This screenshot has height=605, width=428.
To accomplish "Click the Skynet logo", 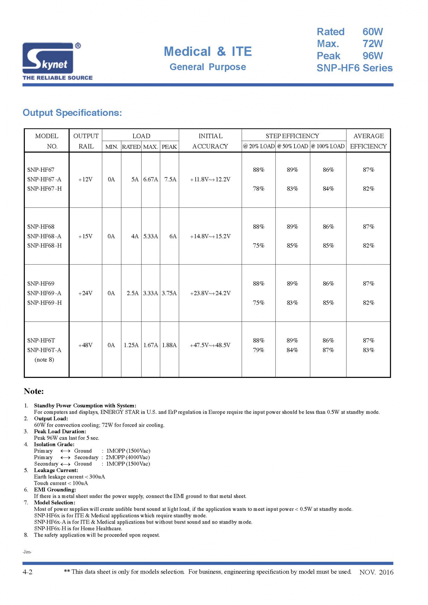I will [x=51, y=58].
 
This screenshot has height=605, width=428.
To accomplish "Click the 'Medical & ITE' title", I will [x=207, y=52].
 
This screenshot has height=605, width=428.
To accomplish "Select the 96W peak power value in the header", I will [x=372, y=56].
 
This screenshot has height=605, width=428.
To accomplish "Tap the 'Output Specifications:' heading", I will [x=72, y=113].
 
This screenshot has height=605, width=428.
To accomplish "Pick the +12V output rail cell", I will [x=85, y=179].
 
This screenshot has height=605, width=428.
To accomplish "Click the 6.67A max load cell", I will [x=150, y=179].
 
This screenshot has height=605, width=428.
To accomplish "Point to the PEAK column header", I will [x=169, y=147].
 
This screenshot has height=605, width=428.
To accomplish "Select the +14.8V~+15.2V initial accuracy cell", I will [x=210, y=236].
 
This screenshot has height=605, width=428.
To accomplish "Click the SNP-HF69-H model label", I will [x=44, y=303].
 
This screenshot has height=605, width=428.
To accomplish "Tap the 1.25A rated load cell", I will [x=131, y=345].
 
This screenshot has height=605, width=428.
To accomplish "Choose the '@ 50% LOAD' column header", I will [x=292, y=146].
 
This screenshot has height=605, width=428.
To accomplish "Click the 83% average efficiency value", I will [x=368, y=350].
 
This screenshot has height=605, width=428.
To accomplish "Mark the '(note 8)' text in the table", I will [x=44, y=360].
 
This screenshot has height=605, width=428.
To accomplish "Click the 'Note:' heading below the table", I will [x=34, y=391].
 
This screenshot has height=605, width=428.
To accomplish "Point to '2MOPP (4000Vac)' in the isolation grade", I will [x=128, y=457].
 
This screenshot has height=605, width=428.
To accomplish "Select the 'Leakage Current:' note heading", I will [x=56, y=470].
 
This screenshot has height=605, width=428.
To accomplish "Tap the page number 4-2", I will [x=27, y=572].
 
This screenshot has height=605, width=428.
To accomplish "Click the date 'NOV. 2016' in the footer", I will [x=376, y=572].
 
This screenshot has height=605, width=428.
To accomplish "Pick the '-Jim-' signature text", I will [x=27, y=552].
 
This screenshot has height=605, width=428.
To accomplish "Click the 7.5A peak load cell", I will [x=170, y=179].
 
